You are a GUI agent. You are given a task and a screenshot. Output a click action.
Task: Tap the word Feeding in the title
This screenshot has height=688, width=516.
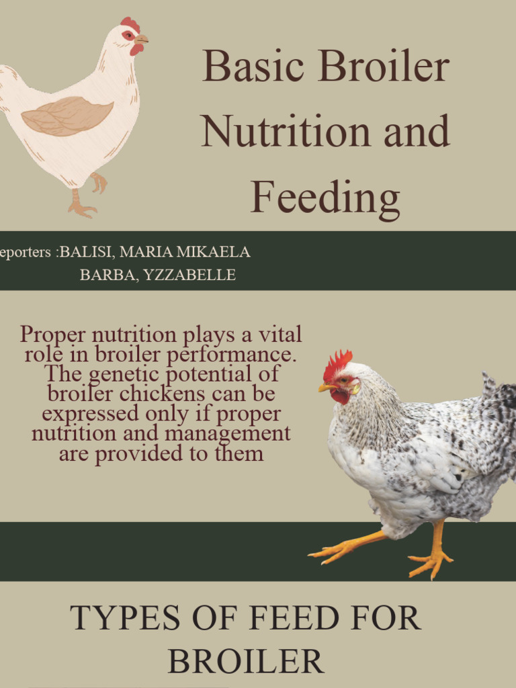coord(325,198)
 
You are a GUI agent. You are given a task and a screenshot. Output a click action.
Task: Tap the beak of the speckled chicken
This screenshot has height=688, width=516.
coord(325,388)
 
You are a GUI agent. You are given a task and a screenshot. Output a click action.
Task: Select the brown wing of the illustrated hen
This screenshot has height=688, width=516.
coord(67,116)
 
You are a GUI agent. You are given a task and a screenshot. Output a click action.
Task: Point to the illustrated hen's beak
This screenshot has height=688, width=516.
coord(141,40)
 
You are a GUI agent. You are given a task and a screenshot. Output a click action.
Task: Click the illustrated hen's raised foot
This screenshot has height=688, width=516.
coord(99,182)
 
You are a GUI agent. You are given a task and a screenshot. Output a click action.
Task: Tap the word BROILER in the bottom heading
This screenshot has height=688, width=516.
coord(246,662)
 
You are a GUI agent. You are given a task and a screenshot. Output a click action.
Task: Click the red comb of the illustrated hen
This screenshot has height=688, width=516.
coord(130,24)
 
